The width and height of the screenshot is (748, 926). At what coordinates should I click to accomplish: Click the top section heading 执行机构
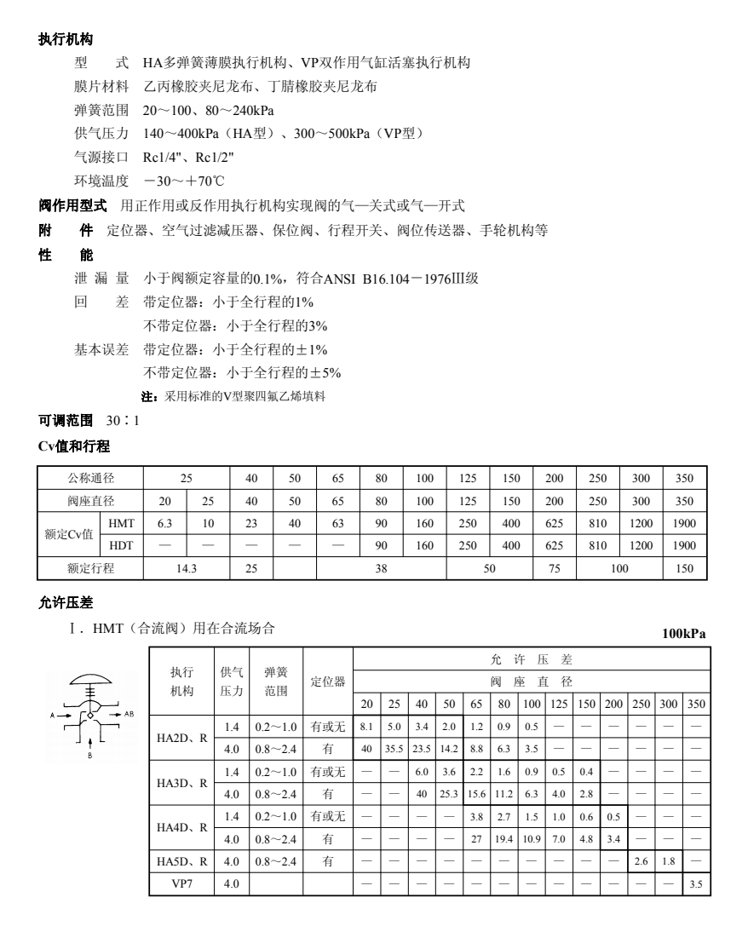click(x=66, y=39)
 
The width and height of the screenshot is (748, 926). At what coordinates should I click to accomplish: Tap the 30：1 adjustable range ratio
click(x=122, y=421)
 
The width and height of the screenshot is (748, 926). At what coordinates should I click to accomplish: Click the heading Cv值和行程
click(x=74, y=446)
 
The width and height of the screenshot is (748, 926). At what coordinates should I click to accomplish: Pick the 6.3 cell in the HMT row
click(x=165, y=522)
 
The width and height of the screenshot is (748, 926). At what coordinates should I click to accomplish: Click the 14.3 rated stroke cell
click(x=187, y=567)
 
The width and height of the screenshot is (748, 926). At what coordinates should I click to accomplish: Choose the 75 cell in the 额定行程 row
click(x=554, y=567)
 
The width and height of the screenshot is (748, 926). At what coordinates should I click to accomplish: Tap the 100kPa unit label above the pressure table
click(x=684, y=633)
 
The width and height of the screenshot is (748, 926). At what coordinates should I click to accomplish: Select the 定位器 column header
click(x=327, y=682)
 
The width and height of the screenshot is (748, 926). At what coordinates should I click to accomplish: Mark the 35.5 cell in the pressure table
click(x=394, y=748)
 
